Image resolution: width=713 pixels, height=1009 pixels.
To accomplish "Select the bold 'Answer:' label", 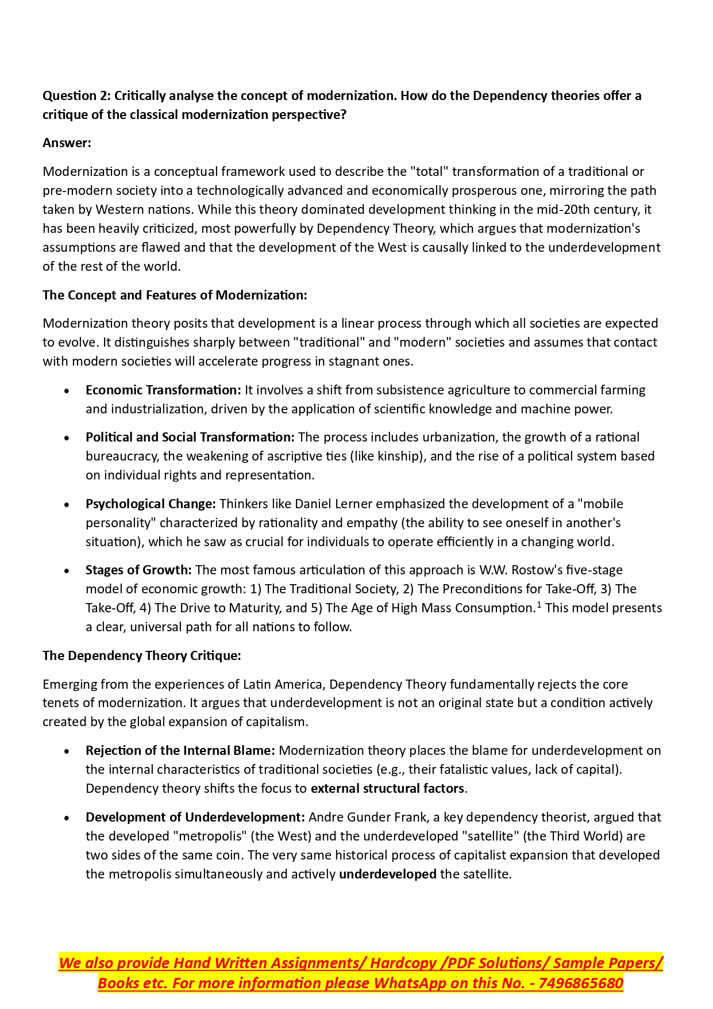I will coord(67,143).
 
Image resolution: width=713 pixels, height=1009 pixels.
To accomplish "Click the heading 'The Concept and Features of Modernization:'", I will coord(175,295).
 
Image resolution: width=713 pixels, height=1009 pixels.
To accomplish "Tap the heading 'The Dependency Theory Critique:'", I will coord(142,655).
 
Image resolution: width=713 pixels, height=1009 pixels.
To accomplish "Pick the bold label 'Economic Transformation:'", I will coord(163,390).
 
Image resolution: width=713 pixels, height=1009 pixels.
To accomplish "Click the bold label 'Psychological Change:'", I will coord(151,504).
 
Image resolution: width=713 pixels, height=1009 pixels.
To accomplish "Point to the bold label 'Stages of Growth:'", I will coord(138,570).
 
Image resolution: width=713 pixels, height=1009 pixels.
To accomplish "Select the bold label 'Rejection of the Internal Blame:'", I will coord(180,750).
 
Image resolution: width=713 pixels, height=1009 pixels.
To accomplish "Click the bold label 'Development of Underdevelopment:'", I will coord(195,817).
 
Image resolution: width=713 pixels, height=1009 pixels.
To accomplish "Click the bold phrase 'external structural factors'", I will coord(387,788).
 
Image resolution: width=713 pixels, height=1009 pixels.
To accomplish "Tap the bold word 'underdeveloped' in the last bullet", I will coord(387,874).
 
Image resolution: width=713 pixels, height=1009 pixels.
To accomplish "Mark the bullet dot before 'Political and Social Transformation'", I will coord(67,438).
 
